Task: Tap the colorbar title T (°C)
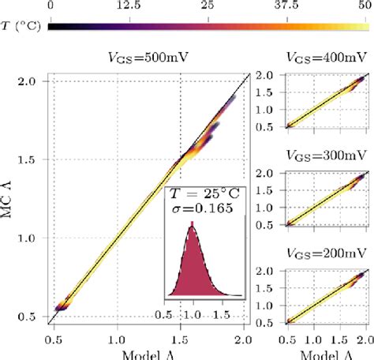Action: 23,26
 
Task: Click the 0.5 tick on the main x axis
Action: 55,343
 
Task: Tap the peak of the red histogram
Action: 191,225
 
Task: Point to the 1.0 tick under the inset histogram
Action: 192,313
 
